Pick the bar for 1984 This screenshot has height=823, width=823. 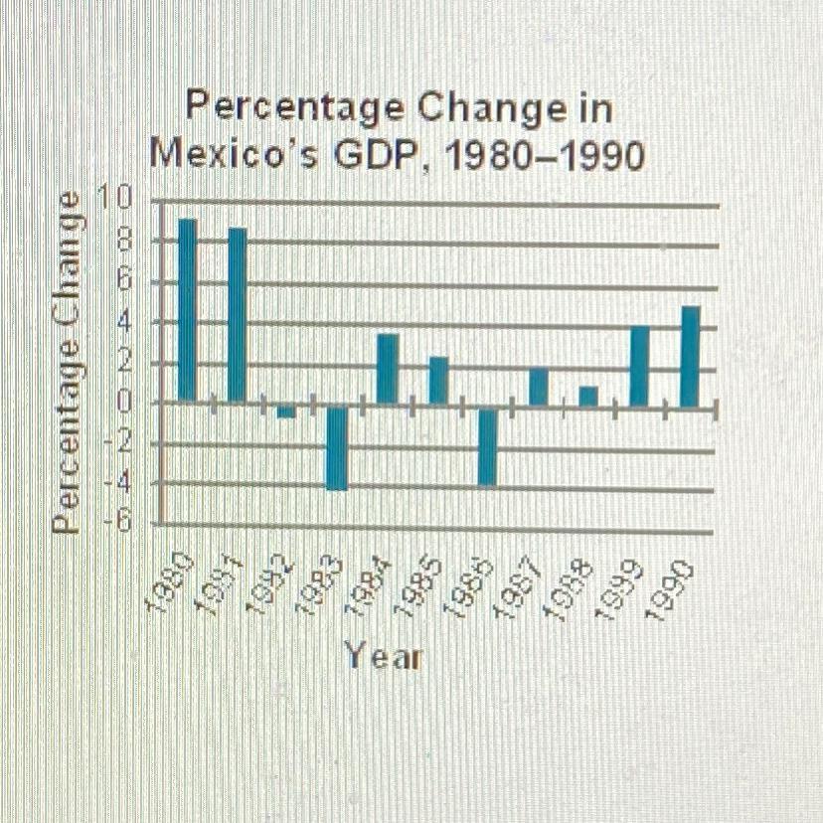pyautogui.click(x=388, y=368)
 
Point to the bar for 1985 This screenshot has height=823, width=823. pyautogui.click(x=438, y=380)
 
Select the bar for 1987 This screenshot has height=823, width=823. pyautogui.click(x=538, y=386)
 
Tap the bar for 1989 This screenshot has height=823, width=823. pyautogui.click(x=640, y=365)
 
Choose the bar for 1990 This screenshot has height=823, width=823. pyautogui.click(x=690, y=355)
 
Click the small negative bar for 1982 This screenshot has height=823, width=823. pyautogui.click(x=286, y=411)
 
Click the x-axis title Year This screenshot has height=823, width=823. pyautogui.click(x=383, y=656)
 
